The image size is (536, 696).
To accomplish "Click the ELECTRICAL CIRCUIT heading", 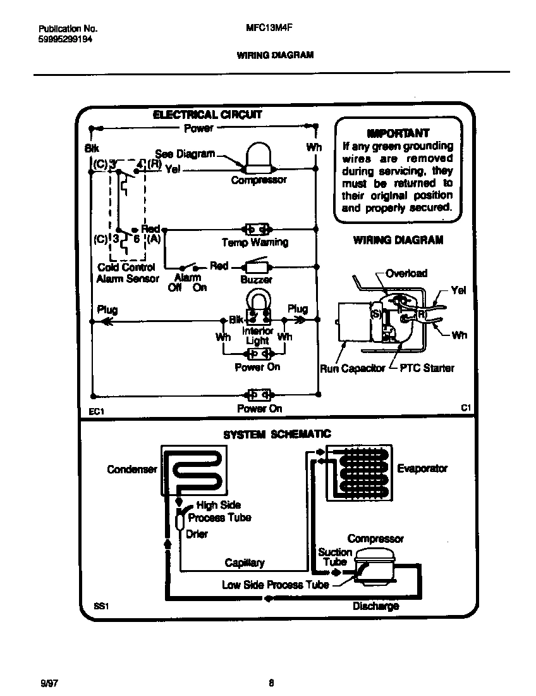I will (x=207, y=115).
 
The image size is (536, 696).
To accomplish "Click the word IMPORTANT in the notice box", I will (x=398, y=134).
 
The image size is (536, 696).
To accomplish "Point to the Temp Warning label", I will (x=255, y=242).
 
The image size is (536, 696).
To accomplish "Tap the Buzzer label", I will (x=256, y=279).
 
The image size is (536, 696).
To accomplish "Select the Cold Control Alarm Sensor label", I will (x=128, y=273).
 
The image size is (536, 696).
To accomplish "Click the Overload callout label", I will (x=406, y=273).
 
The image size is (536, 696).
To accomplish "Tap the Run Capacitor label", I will (x=352, y=368).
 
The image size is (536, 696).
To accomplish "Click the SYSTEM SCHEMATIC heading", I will (x=277, y=434).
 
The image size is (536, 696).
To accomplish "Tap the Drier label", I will (x=197, y=534).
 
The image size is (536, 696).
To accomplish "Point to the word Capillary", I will (x=245, y=562).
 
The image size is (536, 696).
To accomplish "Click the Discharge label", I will (x=375, y=606).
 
